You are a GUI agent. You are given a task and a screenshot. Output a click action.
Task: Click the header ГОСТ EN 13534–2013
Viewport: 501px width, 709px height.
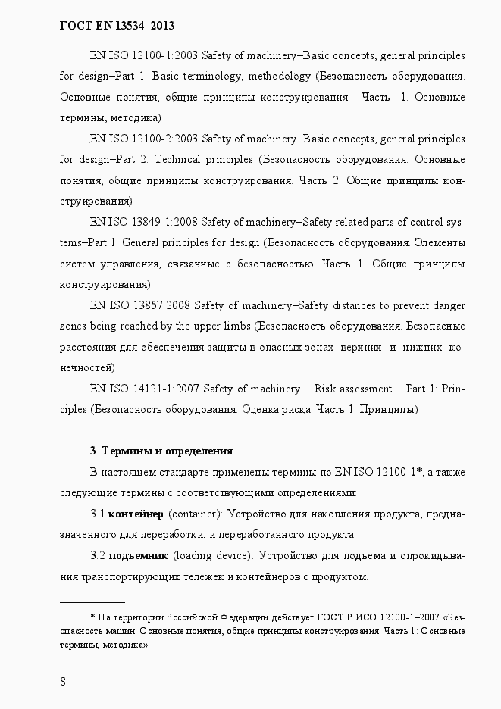(x=117, y=26)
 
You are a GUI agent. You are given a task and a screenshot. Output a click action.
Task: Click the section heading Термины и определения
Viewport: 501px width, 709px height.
(x=167, y=451)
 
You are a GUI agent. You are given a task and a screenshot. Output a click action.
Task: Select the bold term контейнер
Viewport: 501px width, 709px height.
(x=136, y=514)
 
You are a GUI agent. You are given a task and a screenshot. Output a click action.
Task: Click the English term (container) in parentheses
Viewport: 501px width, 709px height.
(x=194, y=514)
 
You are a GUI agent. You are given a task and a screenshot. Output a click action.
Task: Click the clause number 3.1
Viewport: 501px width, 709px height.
(x=98, y=514)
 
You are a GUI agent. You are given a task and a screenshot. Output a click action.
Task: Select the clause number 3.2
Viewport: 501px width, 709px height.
(x=98, y=555)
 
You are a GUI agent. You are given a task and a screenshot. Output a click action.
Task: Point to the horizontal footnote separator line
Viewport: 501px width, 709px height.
(x=92, y=601)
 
